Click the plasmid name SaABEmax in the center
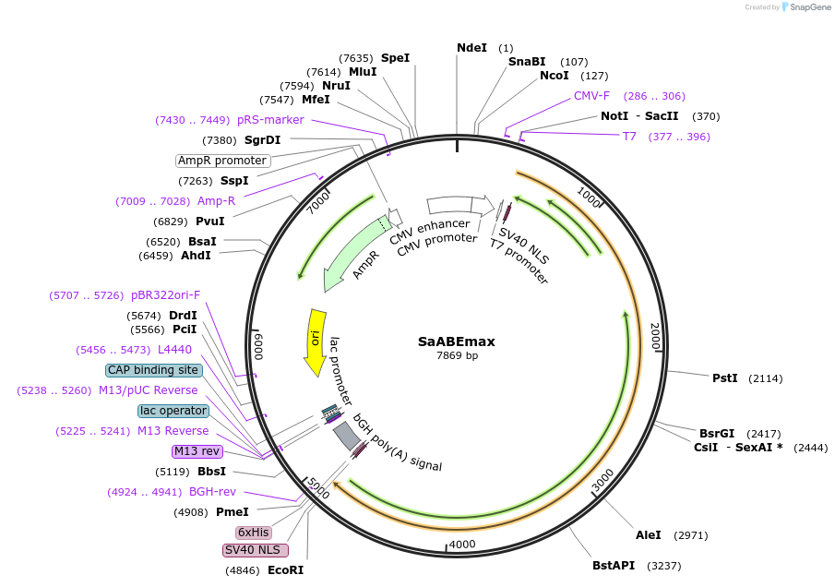457,341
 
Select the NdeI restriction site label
471,48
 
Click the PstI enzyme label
725,378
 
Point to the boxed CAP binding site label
153,370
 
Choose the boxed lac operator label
173,411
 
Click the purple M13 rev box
197,451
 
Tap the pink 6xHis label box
254,533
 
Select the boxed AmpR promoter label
222,161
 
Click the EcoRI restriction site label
285,570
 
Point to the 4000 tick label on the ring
461,545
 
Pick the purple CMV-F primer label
591,96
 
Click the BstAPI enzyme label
614,566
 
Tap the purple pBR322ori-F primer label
165,295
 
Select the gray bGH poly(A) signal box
347,436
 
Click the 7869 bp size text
457,355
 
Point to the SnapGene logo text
810,7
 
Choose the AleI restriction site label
648,534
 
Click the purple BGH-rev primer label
212,492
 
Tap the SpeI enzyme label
395,58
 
